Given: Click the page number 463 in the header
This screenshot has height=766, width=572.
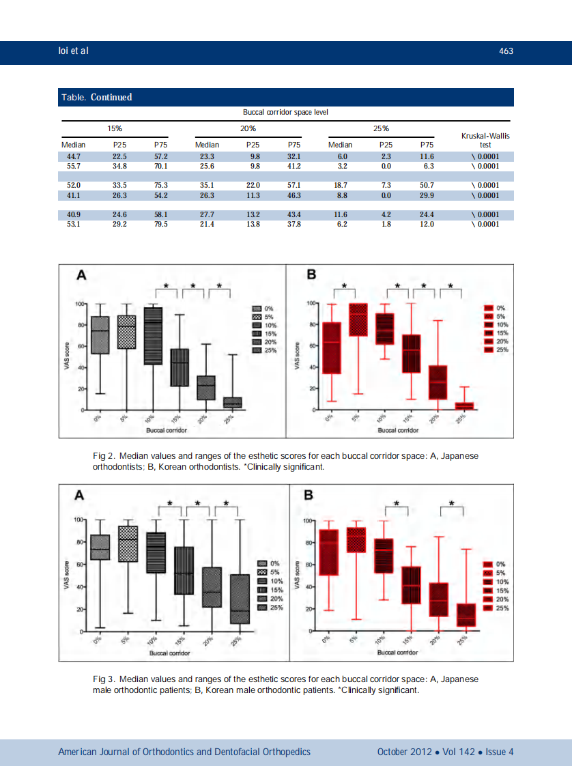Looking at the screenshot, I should [506, 51].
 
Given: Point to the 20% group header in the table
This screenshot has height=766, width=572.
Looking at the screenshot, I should [248, 128].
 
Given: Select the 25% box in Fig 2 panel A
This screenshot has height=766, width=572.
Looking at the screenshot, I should [233, 403].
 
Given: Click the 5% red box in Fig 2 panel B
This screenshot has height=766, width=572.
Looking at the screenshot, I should [358, 320].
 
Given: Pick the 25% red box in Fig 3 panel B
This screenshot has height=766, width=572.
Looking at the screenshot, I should [466, 614].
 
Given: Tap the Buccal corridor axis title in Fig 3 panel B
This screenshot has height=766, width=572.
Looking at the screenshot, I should [398, 652].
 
